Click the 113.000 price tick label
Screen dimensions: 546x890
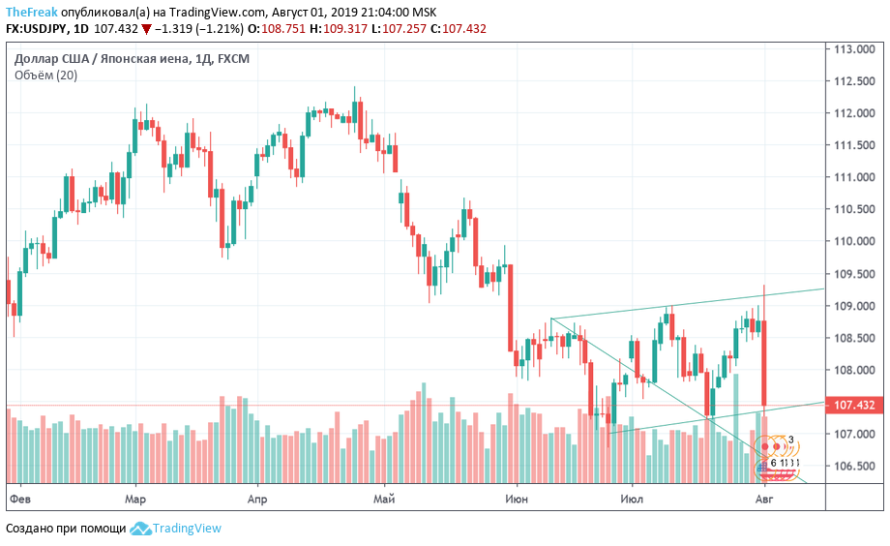[x=855, y=49]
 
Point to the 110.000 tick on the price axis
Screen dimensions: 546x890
[x=855, y=242]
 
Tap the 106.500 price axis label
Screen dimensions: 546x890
[x=855, y=467]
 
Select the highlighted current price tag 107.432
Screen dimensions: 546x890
[x=855, y=406]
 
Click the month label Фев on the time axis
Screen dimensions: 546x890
[x=20, y=500]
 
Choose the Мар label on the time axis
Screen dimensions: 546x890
[x=135, y=500]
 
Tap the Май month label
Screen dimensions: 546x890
[x=385, y=500]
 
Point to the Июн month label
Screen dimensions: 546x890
[x=517, y=500]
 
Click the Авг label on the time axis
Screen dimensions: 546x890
[x=764, y=500]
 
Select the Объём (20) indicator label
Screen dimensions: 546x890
[x=45, y=76]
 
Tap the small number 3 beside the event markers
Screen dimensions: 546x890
[x=791, y=440]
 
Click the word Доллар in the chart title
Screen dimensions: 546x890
[x=37, y=59]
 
